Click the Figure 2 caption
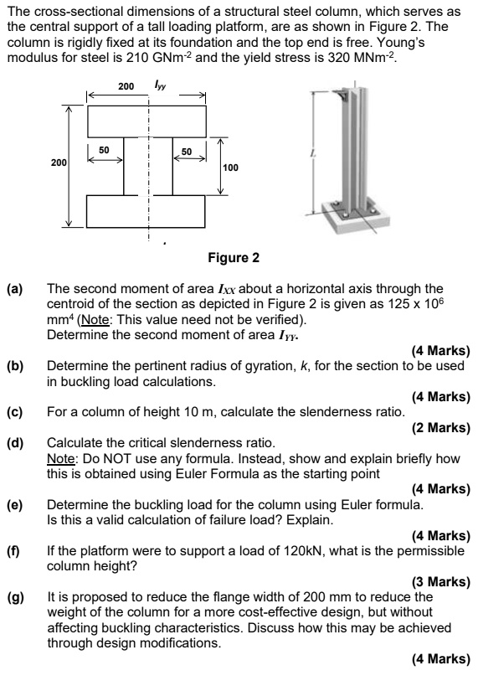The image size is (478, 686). point(238,257)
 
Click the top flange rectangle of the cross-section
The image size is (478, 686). point(146,118)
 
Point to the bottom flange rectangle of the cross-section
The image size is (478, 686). point(146,211)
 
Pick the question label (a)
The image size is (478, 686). point(14,289)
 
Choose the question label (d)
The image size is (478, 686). point(14,441)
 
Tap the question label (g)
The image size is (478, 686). point(14,596)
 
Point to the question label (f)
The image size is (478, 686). point(13,550)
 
